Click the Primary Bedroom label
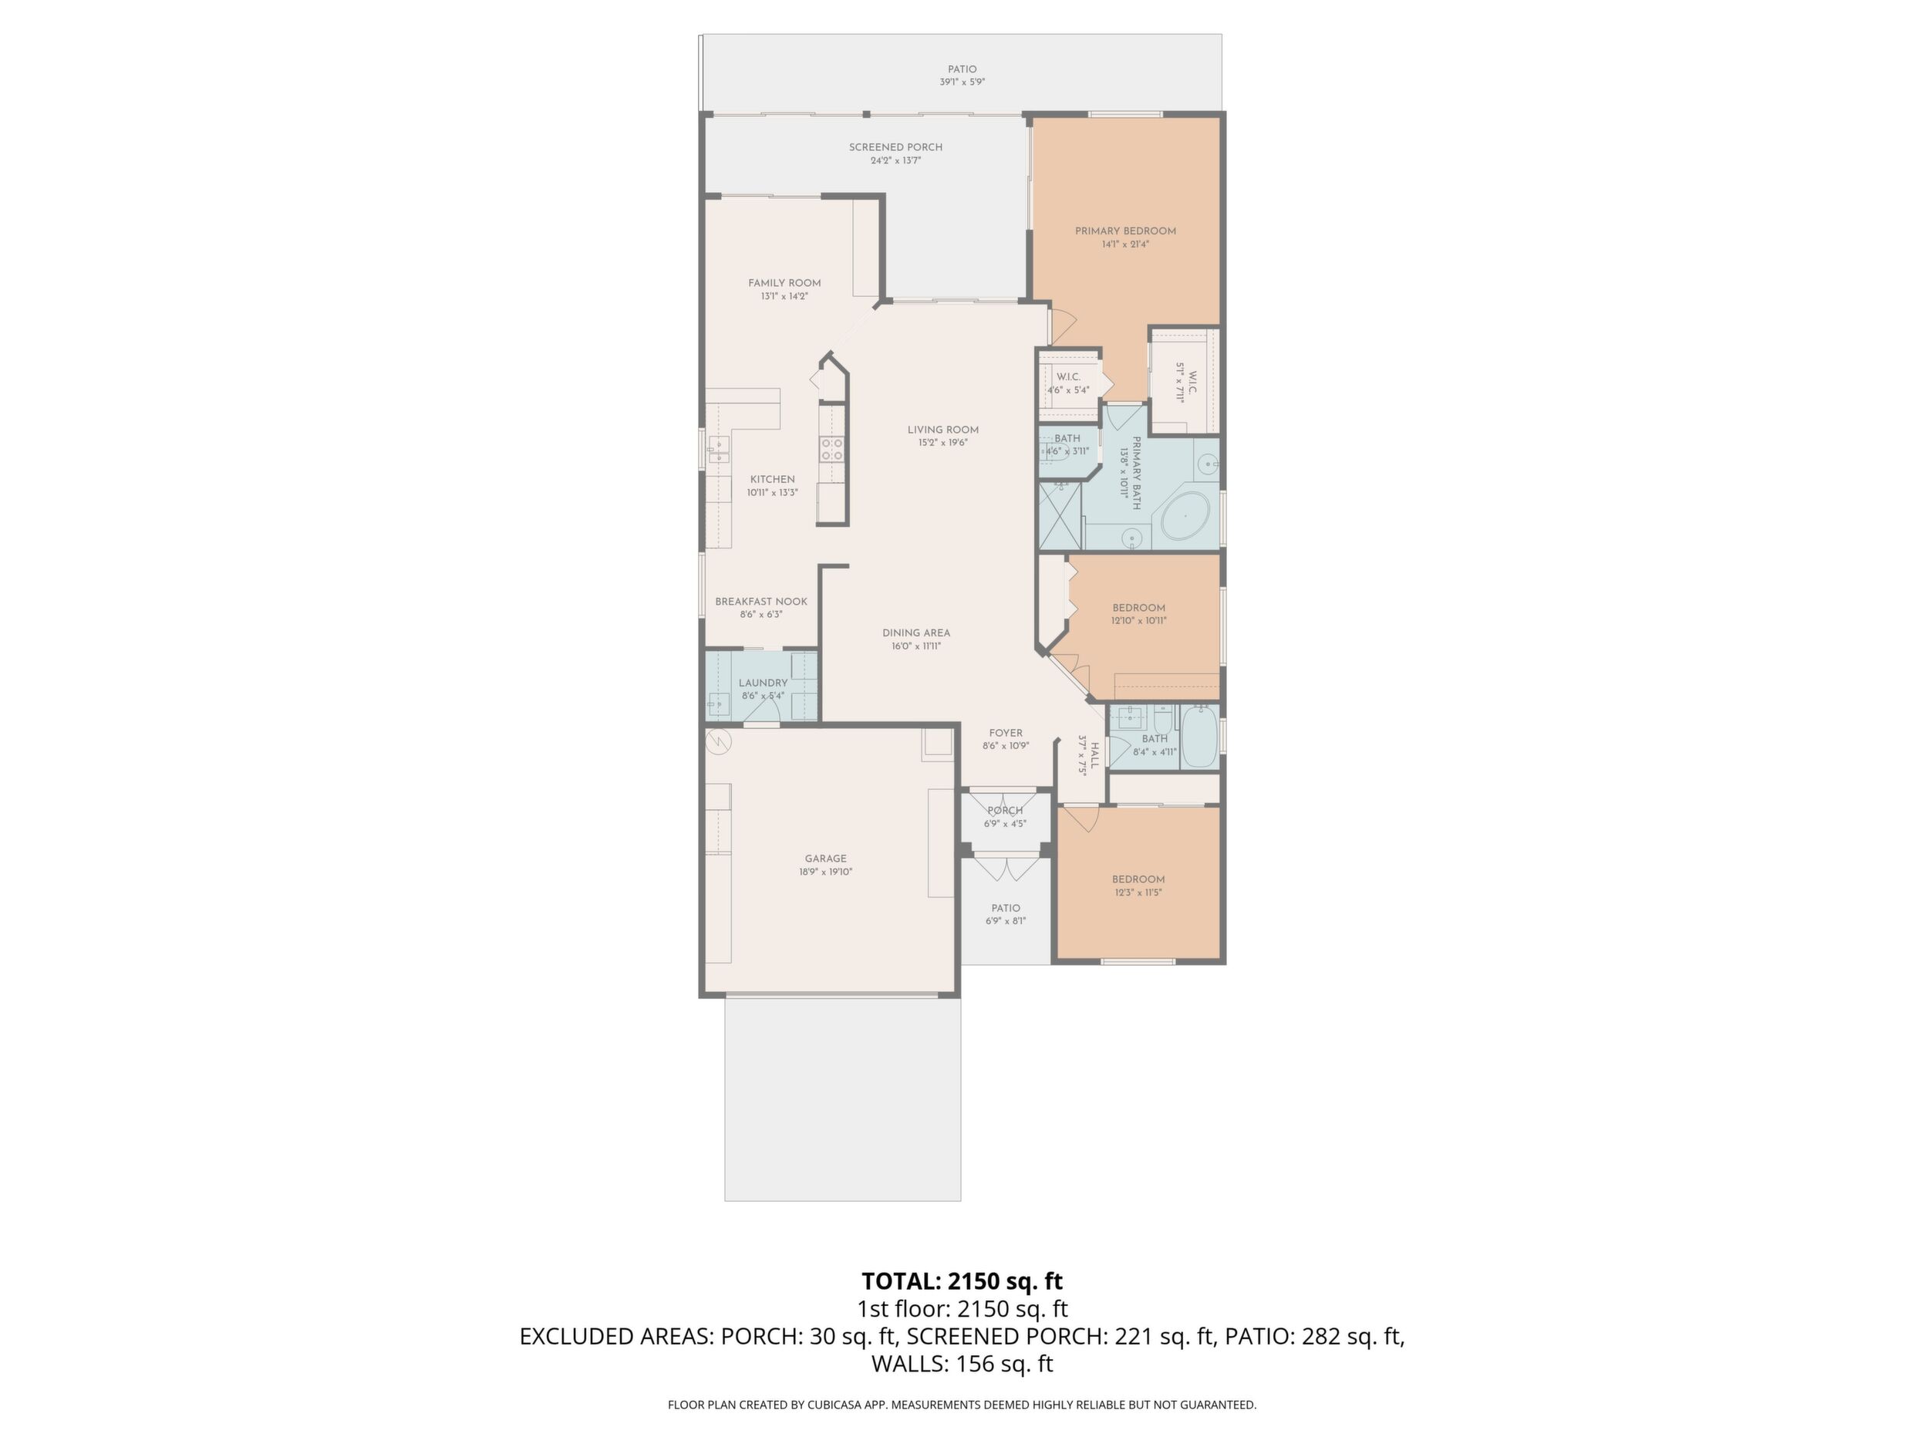(1125, 231)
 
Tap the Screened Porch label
(895, 147)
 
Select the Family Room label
(784, 283)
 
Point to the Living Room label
(942, 430)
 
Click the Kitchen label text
(772, 480)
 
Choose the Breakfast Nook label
(760, 602)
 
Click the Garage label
(825, 859)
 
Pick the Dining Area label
(915, 633)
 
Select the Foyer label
(1005, 733)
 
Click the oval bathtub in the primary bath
(1185, 517)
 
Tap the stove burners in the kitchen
(223, 448)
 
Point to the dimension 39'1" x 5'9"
(962, 83)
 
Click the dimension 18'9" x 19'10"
(825, 872)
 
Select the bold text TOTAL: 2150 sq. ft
(962, 1281)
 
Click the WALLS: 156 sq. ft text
(962, 1364)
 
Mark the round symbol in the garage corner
(719, 741)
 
